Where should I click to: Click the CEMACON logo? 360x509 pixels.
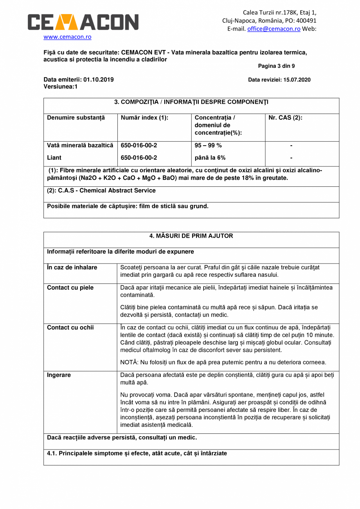coord(83,22)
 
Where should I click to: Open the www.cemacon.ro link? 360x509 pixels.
coord(67,37)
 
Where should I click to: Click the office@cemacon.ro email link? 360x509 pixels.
coord(274,29)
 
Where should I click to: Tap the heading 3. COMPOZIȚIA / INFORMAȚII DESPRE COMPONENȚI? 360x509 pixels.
coord(191,102)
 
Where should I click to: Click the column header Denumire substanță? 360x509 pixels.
coord(76,117)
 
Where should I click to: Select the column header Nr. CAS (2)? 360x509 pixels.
coord(285,117)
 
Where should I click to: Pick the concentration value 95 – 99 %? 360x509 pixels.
coord(208,146)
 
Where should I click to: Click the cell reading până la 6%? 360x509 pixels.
coord(210,158)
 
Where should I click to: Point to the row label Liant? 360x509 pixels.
coord(54,158)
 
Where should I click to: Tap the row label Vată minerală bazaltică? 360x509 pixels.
coord(80,146)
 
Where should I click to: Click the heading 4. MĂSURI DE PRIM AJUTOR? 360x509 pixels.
coord(191,236)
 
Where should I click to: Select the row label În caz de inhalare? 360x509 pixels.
coord(72,267)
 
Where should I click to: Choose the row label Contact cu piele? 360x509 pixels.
coord(70,288)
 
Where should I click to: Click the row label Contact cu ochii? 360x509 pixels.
coord(70,327)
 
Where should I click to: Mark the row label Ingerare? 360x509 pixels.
coord(59,375)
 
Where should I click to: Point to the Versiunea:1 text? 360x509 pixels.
coord(60,87)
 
